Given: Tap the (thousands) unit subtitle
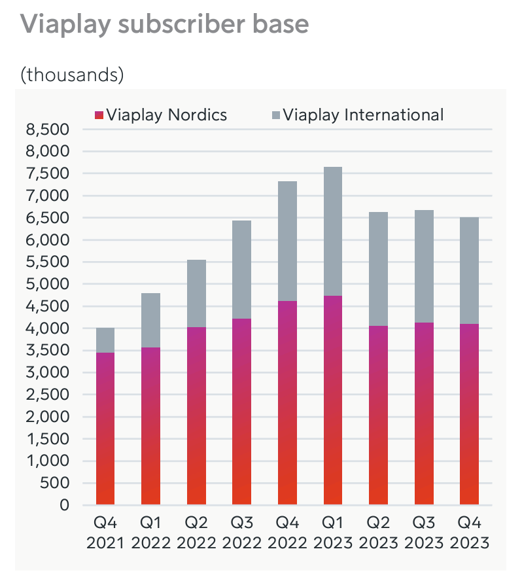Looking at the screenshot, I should [72, 75].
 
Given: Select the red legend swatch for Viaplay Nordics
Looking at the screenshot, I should [99, 115].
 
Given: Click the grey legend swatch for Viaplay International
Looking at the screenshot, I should [275, 115].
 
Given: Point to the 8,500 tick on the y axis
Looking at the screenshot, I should [48, 130].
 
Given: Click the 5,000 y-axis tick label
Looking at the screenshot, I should [48, 284].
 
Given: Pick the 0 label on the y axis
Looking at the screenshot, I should [64, 505].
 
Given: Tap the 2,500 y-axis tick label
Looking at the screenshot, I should [48, 395].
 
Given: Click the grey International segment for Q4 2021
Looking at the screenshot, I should [105, 340].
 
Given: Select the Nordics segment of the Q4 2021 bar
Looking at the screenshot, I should [105, 429].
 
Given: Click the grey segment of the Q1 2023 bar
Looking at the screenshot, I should [332, 231].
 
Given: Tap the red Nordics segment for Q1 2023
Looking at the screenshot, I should [332, 400].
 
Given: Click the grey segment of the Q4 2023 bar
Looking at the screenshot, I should [469, 270].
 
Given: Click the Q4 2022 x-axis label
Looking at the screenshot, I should [287, 533].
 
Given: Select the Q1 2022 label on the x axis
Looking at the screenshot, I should [150, 533].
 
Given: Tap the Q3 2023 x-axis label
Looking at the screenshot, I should [423, 533].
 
